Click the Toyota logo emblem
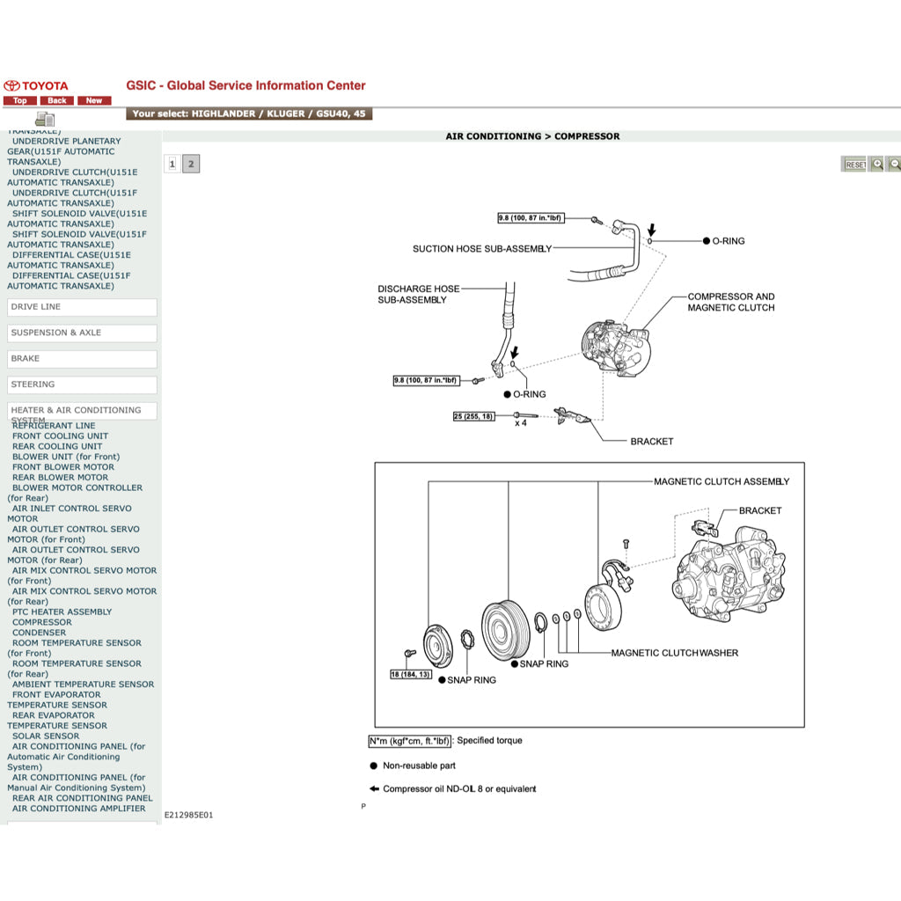[12, 85]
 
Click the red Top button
[19, 100]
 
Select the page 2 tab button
[191, 164]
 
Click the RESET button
[854, 165]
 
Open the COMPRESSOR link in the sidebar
[42, 622]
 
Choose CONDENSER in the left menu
[39, 633]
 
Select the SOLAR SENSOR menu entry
[46, 736]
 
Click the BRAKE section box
[82, 359]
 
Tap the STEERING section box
[82, 385]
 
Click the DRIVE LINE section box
[82, 307]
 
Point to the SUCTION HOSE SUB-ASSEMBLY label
[482, 249]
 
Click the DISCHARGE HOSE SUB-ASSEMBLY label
[418, 294]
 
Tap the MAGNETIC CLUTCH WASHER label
[675, 653]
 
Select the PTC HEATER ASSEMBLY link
[62, 612]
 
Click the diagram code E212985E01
[188, 815]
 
